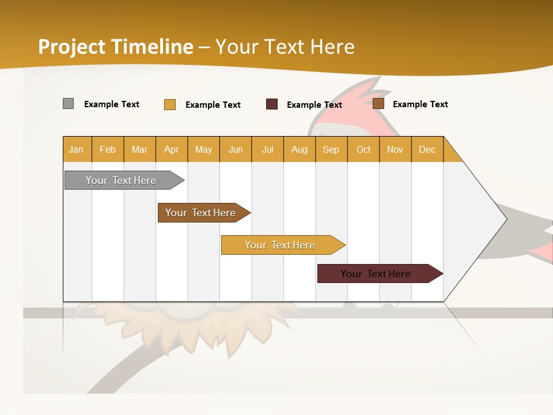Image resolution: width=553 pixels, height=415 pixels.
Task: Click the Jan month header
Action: click(x=76, y=149)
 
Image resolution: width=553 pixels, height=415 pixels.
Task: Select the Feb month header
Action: click(x=108, y=149)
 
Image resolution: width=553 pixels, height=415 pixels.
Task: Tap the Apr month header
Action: click(x=171, y=149)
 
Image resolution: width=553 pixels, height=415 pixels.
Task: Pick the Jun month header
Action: click(x=236, y=149)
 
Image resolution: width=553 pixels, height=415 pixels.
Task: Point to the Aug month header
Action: click(x=299, y=149)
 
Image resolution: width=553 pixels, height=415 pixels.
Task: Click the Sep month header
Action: click(x=331, y=149)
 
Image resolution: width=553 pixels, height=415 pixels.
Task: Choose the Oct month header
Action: click(x=363, y=149)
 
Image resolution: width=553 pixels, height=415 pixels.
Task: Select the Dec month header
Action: click(x=427, y=149)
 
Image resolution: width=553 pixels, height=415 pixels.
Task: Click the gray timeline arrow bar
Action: click(x=121, y=180)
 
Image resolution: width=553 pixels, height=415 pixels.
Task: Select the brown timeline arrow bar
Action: click(x=200, y=213)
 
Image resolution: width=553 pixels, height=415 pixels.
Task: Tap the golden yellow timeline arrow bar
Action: click(x=280, y=245)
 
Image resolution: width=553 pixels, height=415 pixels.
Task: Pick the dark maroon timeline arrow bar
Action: click(x=376, y=274)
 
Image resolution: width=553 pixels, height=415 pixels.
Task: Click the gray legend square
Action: click(x=68, y=104)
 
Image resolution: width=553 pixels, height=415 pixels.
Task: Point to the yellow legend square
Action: click(x=170, y=104)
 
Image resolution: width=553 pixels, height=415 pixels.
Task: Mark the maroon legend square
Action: click(x=272, y=104)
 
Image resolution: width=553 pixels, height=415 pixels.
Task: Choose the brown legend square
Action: click(x=378, y=104)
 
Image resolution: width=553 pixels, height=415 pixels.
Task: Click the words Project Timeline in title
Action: click(x=116, y=46)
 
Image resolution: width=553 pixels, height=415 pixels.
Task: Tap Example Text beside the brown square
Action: click(x=420, y=104)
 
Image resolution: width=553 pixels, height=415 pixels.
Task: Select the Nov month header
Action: click(x=395, y=149)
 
